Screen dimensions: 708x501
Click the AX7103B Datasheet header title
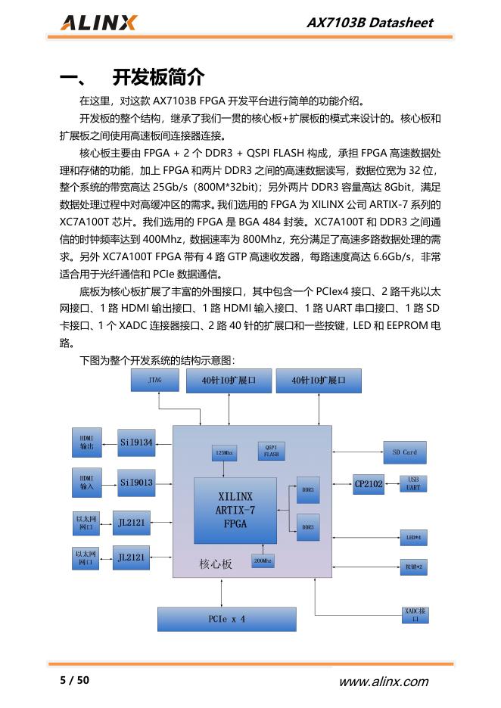click(369, 23)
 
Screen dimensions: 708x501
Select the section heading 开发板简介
click(158, 77)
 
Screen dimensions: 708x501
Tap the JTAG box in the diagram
click(155, 381)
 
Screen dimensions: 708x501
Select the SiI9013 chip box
click(136, 482)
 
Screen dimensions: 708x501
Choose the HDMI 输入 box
click(87, 482)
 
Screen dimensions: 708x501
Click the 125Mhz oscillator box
click(225, 452)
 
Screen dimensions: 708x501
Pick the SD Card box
click(404, 452)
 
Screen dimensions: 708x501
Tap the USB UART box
click(413, 483)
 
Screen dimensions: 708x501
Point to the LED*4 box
click(413, 537)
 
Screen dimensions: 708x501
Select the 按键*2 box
click(413, 566)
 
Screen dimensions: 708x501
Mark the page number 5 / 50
click(75, 680)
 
